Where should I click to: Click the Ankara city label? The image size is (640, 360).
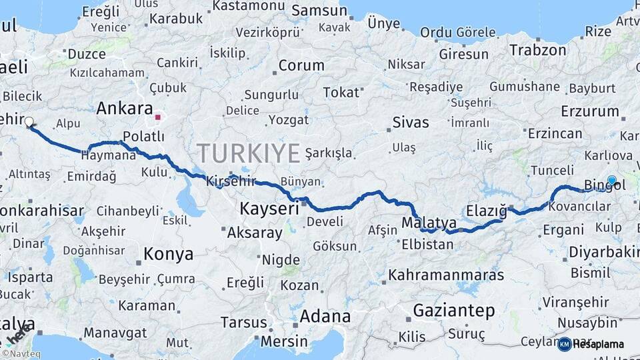pos(125,108)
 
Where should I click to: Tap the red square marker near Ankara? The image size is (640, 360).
pos(158,117)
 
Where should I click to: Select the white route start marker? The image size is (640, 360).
pos(29,122)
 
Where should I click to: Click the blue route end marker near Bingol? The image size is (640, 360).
pos(612,180)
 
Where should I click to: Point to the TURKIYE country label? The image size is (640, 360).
pos(248,154)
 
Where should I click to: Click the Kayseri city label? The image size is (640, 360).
pos(269,209)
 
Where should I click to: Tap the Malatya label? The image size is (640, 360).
pos(429,223)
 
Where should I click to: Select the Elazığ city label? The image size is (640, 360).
pos(486,211)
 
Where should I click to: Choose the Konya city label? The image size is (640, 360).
pos(169,254)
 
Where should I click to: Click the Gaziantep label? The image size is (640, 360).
pos(454,310)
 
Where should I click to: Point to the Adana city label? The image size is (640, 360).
pos(325,315)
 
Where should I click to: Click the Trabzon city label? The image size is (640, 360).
pos(537,49)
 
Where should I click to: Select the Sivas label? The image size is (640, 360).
pos(411,123)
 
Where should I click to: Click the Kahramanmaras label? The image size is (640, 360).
pos(437,274)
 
